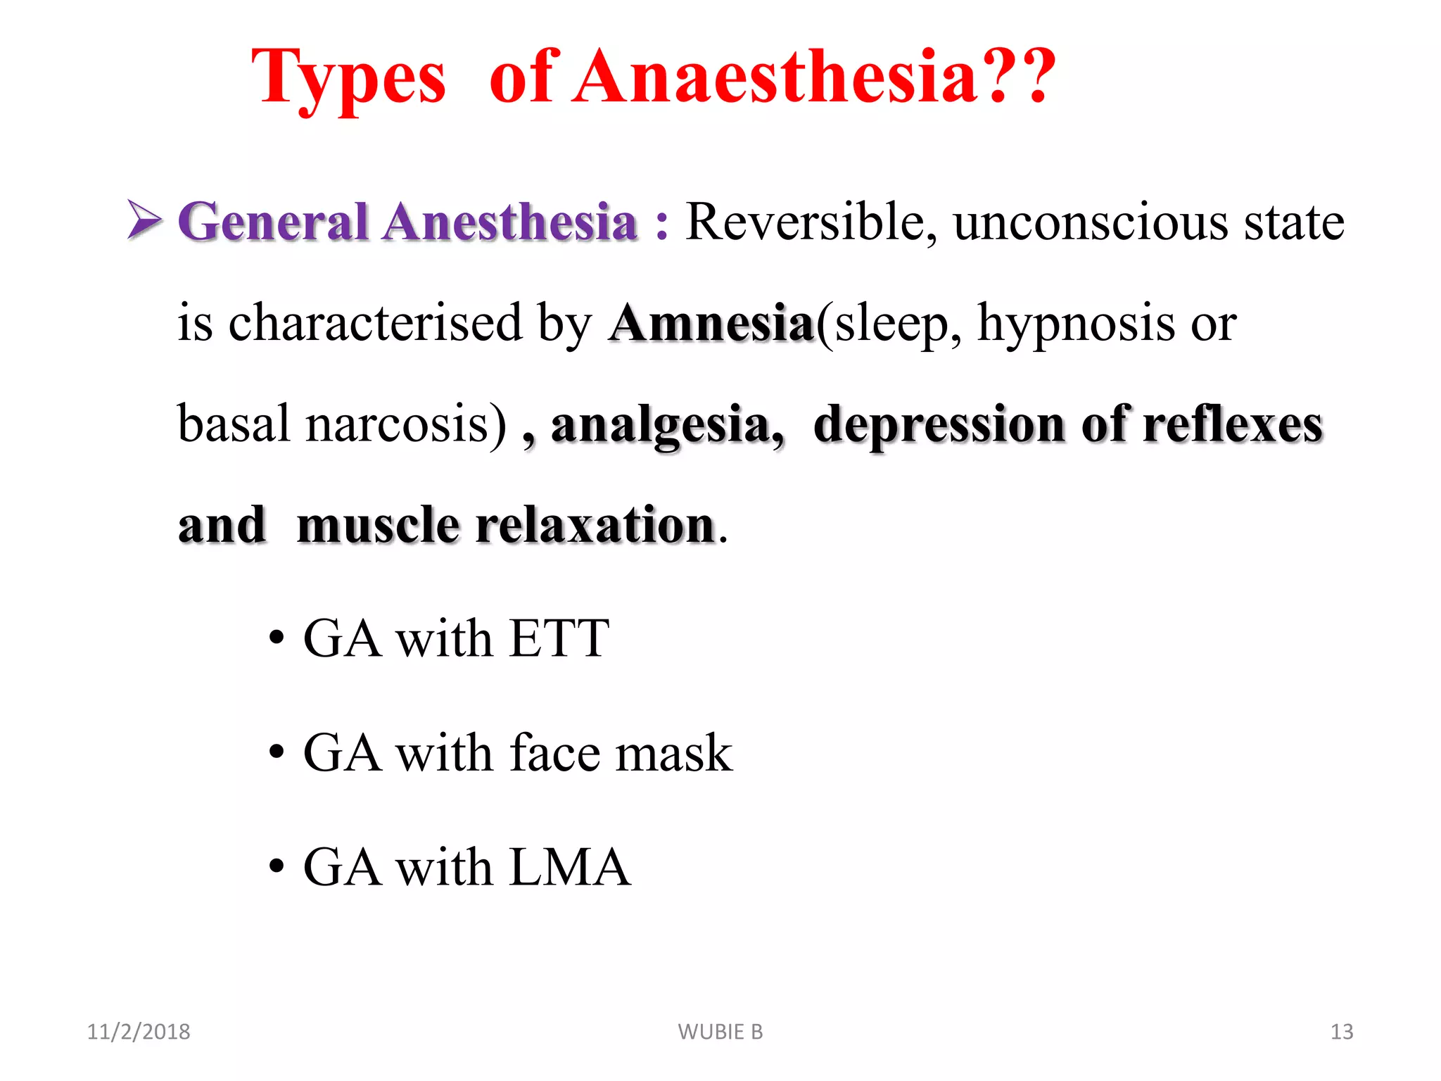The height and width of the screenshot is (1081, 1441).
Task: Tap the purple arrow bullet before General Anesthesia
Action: pyautogui.click(x=144, y=220)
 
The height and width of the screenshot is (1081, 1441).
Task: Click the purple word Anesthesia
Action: pyautogui.click(x=509, y=222)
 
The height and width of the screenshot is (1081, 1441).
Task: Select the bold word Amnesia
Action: pyautogui.click(x=711, y=324)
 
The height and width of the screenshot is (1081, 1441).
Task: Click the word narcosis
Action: pyautogui.click(x=405, y=424)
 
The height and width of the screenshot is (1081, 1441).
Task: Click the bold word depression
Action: pyautogui.click(x=939, y=426)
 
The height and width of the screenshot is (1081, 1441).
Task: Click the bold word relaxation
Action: pyautogui.click(x=595, y=526)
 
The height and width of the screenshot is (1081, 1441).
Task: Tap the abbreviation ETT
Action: pyautogui.click(x=559, y=639)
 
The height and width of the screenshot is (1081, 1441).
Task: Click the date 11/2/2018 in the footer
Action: pyautogui.click(x=139, y=1032)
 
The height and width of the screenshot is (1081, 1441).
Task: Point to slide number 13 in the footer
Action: pyautogui.click(x=1341, y=1032)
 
